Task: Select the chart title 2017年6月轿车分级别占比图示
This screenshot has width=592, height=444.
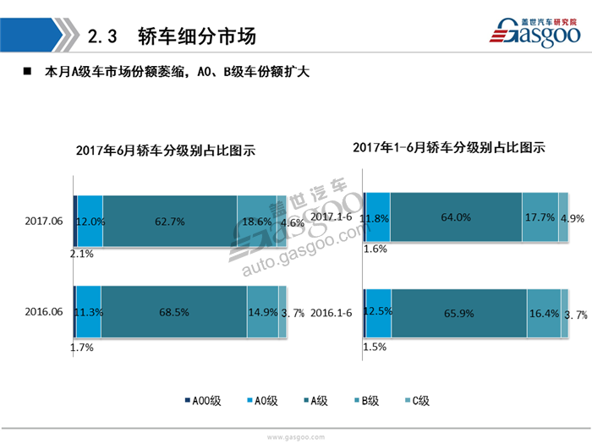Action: (x=165, y=151)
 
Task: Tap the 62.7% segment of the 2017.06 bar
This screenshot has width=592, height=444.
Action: (x=170, y=221)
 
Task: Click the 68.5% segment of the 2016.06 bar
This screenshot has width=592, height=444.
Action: (x=173, y=312)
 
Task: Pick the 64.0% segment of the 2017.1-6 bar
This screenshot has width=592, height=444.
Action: (x=456, y=217)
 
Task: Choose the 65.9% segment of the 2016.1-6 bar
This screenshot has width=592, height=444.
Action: (x=459, y=314)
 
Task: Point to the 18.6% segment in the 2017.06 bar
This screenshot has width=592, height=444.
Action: (x=256, y=221)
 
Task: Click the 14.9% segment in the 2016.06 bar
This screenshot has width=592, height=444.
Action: (x=262, y=312)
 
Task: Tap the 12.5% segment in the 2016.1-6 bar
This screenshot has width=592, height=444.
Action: (x=378, y=314)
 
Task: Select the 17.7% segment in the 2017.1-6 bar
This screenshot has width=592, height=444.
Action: (x=539, y=217)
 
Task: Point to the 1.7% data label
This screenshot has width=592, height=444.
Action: (x=82, y=347)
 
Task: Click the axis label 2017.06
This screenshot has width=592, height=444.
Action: (x=44, y=221)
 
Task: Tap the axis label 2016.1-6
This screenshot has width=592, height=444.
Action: (x=331, y=314)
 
